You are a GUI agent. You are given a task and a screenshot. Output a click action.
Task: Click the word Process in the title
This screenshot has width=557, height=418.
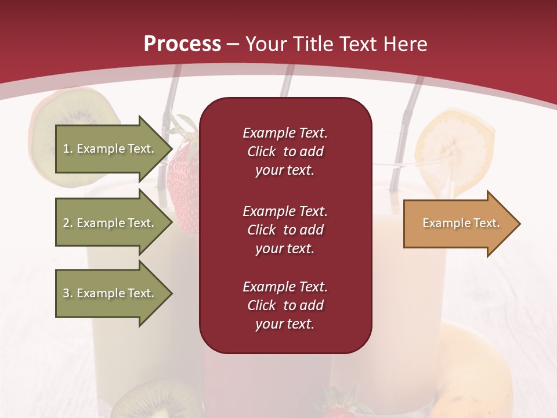pos(182,44)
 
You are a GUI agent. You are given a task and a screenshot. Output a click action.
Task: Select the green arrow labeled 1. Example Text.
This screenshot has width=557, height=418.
pos(110,149)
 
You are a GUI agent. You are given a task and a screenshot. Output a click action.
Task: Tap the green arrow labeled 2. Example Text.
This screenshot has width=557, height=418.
pos(110,223)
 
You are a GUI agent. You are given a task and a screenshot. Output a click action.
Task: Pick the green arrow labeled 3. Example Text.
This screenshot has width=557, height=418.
pos(110,293)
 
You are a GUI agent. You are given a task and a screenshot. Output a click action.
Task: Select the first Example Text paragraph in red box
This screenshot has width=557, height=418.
pos(285,152)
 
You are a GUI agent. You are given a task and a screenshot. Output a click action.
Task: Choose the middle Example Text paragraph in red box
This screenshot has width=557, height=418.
pos(285,230)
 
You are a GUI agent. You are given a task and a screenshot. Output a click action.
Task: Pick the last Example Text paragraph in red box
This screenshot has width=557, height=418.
pos(285,305)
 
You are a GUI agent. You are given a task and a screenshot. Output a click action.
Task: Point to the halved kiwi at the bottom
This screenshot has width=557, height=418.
pos(154,401)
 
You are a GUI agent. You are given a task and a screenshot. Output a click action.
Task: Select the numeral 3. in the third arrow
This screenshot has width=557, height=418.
pos(67,293)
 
